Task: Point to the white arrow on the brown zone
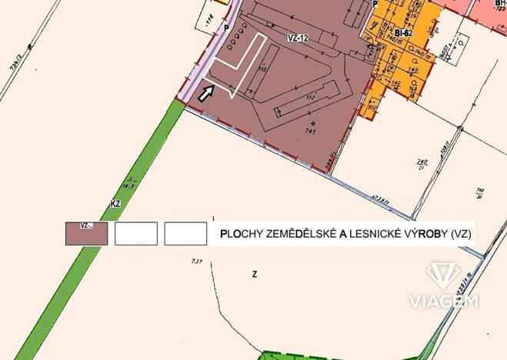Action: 205,93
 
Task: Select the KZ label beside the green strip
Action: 116,204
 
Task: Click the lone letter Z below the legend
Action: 254,274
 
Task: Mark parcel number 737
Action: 197,262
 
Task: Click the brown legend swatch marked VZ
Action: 86,233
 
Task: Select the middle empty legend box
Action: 136,233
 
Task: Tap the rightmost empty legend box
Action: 185,233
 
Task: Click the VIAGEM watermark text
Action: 444,301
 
